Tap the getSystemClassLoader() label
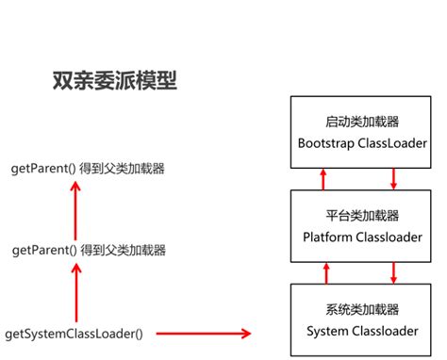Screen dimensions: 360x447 (76, 334)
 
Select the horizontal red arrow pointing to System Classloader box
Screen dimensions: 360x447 (203, 334)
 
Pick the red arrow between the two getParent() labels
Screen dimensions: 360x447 (73, 210)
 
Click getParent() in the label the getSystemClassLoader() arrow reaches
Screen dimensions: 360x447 (43, 251)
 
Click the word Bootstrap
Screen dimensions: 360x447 (327, 143)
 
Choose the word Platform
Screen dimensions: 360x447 (329, 236)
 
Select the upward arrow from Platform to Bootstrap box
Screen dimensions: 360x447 (323, 177)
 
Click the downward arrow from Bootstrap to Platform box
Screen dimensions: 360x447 (393, 177)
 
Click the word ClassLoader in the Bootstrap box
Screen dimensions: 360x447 (388, 143)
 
